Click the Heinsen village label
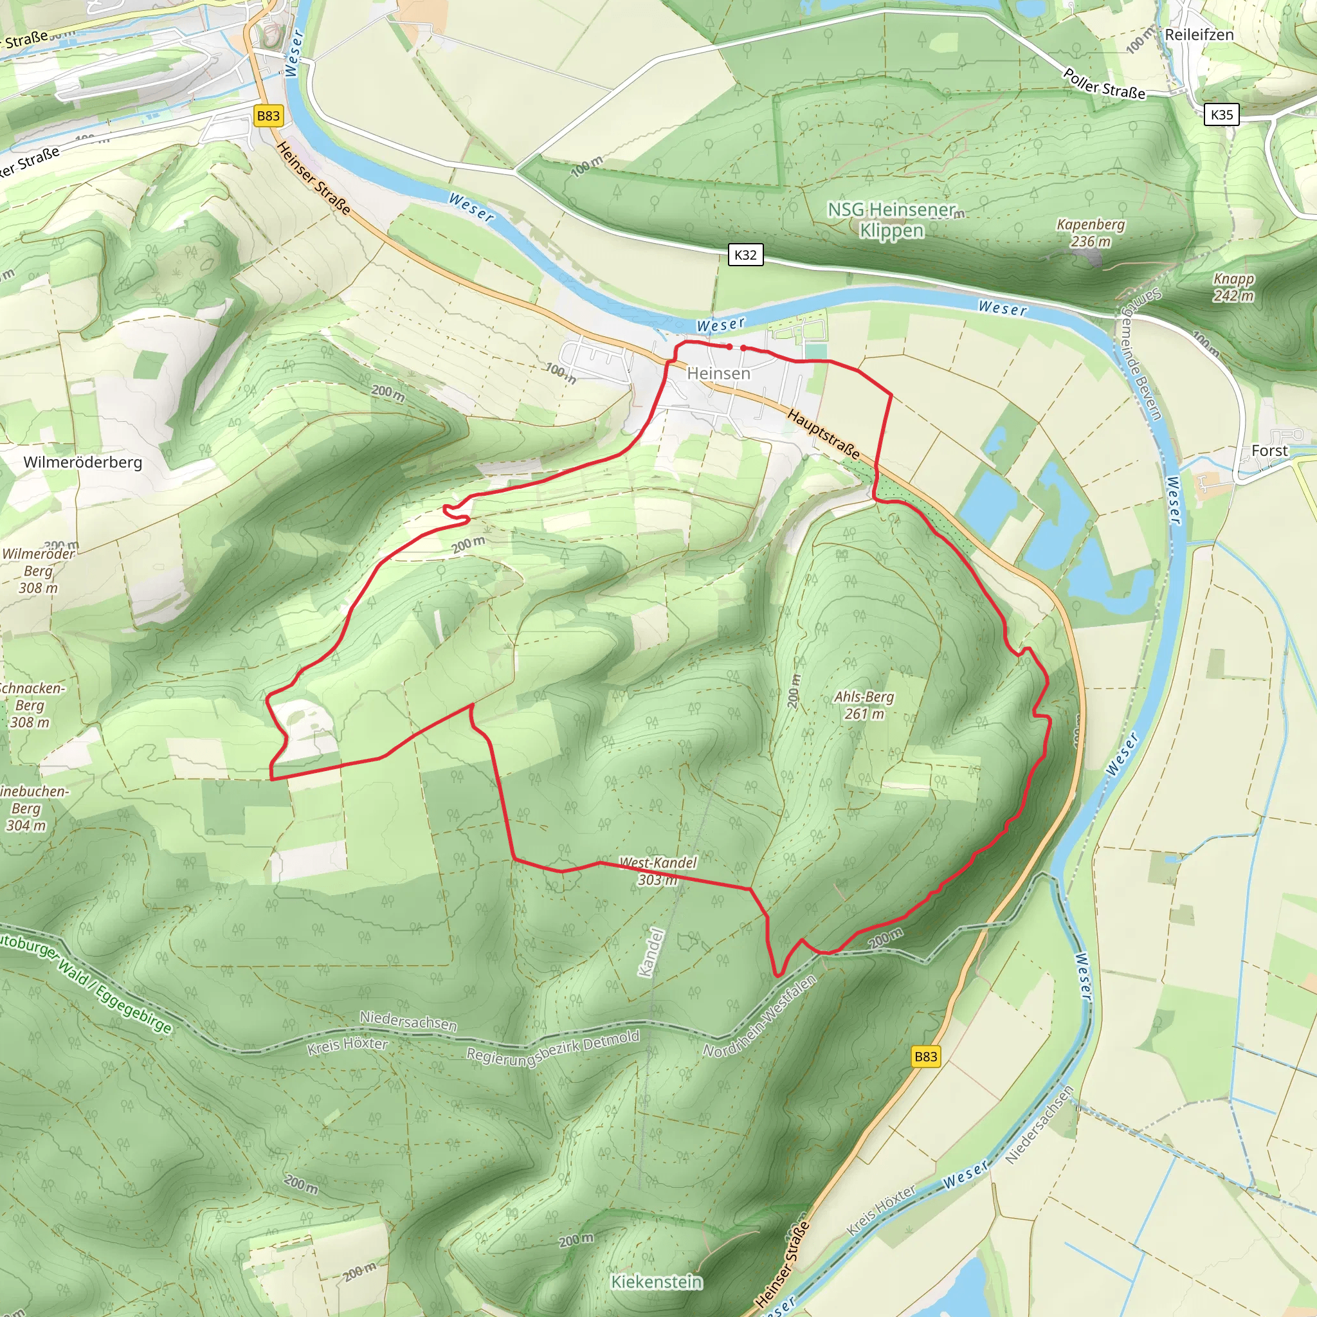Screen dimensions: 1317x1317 point(718,374)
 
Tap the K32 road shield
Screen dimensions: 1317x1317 point(745,255)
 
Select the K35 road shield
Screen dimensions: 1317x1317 point(1221,114)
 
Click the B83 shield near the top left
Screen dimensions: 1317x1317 point(268,116)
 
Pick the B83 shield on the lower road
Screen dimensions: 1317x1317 point(925,1057)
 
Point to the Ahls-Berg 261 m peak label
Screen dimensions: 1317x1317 point(864,705)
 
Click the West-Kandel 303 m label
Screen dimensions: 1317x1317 point(657,871)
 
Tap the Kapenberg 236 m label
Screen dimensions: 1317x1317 point(1091,232)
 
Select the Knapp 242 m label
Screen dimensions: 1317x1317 point(1233,287)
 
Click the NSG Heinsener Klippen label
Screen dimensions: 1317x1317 point(892,219)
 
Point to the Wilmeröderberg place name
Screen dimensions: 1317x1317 point(82,462)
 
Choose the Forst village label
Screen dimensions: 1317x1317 point(1269,451)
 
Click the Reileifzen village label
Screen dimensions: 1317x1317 point(1199,35)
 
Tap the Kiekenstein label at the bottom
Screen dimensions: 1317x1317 point(656,1282)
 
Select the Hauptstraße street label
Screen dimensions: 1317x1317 point(824,433)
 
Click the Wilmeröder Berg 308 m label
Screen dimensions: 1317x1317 point(38,570)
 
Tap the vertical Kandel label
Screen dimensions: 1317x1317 point(650,952)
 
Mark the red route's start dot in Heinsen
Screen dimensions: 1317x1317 point(729,347)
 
